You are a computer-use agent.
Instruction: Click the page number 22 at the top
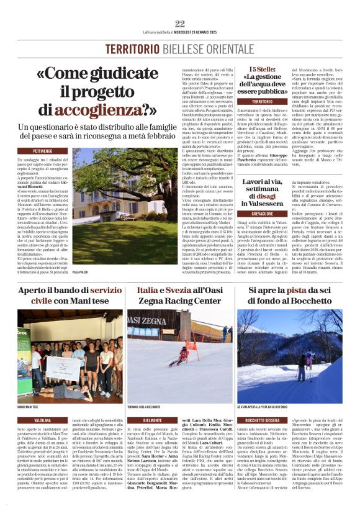pyautogui.click(x=180, y=24)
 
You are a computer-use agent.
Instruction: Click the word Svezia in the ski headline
pyautogui.click(x=179, y=291)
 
